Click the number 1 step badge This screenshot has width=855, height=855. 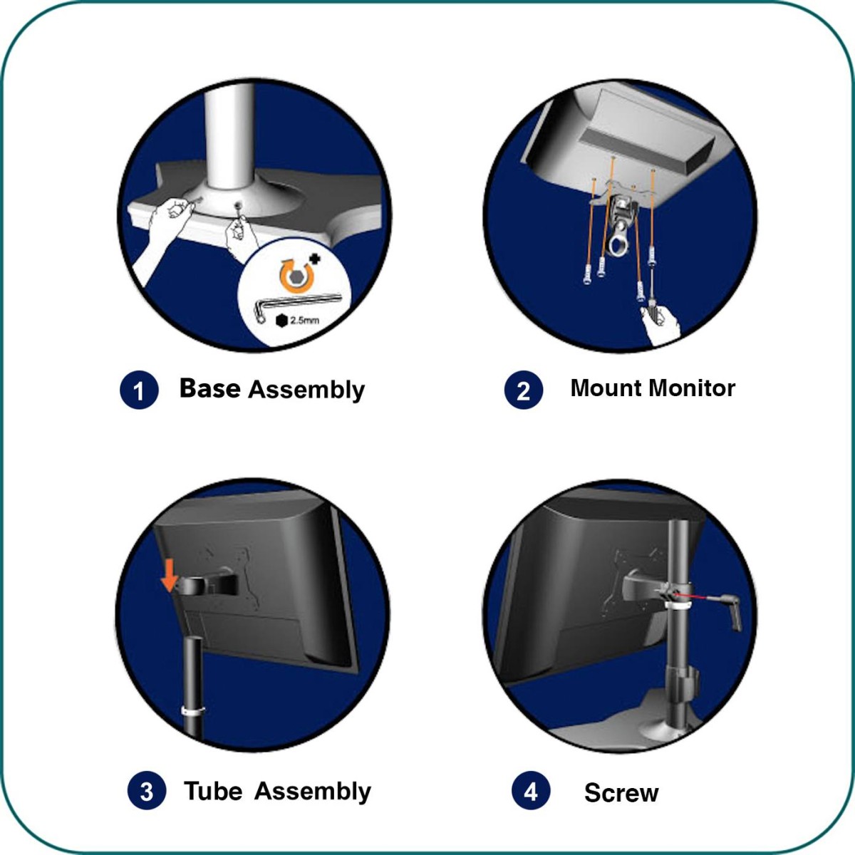pyautogui.click(x=139, y=390)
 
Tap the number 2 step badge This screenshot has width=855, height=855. pyautogui.click(x=524, y=390)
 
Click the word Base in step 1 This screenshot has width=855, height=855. pyautogui.click(x=210, y=388)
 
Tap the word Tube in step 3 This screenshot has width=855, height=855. pyautogui.click(x=213, y=791)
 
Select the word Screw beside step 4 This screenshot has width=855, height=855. pyautogui.click(x=621, y=793)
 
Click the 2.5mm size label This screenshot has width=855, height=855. pyautogui.click(x=304, y=320)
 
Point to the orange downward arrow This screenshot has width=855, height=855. pyautogui.click(x=169, y=575)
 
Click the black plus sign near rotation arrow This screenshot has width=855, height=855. pyautogui.click(x=315, y=259)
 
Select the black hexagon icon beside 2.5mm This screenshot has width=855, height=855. pyautogui.click(x=281, y=321)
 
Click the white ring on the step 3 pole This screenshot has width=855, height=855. pyautogui.click(x=193, y=710)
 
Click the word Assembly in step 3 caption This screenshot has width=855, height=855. pyautogui.click(x=312, y=792)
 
